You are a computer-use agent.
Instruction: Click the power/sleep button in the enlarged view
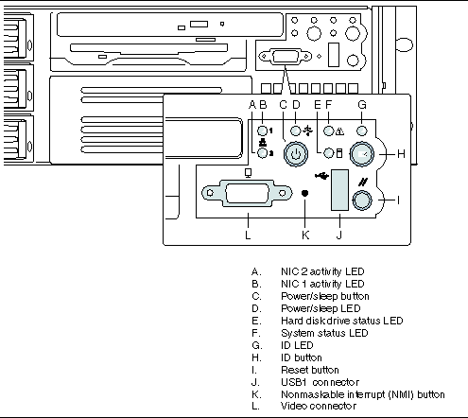[x=295, y=154]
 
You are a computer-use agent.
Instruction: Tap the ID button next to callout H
[x=362, y=154]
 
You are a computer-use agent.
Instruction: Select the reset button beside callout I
[x=362, y=200]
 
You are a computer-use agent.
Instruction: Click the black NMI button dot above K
[x=304, y=193]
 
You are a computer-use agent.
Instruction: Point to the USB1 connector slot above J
[x=339, y=190]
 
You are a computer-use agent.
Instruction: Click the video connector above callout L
[x=247, y=193]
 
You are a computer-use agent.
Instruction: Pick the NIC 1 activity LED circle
[x=263, y=131]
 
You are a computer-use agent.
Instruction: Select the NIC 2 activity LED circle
[x=263, y=153]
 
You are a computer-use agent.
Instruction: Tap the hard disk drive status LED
[x=329, y=153]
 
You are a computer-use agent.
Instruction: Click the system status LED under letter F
[x=329, y=131]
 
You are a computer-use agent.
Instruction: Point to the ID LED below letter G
[x=362, y=131]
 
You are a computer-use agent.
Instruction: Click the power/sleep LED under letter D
[x=295, y=131]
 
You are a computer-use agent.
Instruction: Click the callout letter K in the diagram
[x=305, y=235]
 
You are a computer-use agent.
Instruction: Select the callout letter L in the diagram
[x=248, y=235]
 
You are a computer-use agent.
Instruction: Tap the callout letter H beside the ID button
[x=401, y=154]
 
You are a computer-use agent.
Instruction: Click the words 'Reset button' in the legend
[x=310, y=370]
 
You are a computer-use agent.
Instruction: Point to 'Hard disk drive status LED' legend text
[x=342, y=321]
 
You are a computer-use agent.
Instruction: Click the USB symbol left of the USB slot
[x=322, y=175]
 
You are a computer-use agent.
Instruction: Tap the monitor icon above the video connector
[x=249, y=173]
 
